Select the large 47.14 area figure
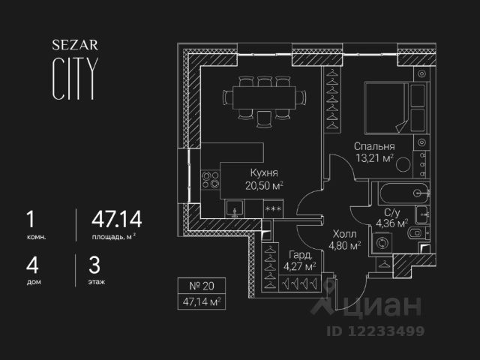[x=116, y=219]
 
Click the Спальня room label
[x=374, y=147]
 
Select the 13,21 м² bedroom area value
[x=374, y=159]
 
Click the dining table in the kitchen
[x=264, y=99]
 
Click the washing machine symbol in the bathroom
[x=384, y=243]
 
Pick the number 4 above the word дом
[x=30, y=265]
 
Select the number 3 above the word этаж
[x=94, y=265]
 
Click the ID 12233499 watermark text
[x=374, y=330]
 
